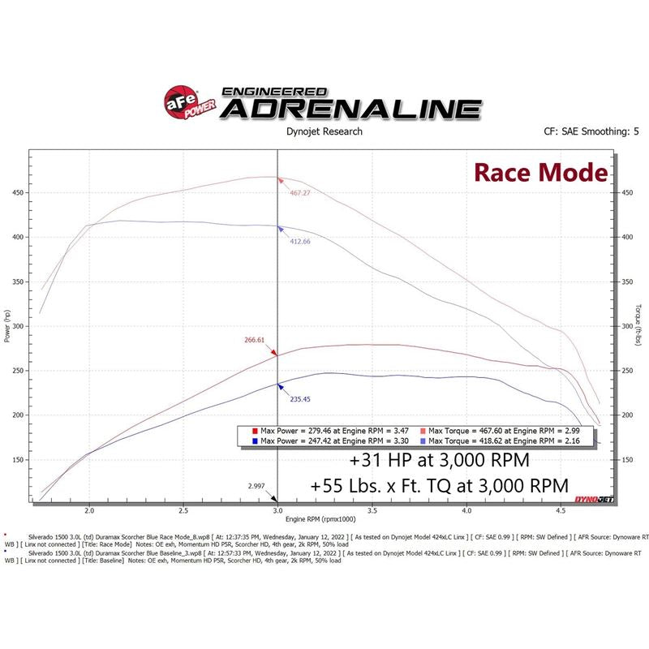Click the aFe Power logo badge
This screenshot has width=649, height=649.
click(x=182, y=103)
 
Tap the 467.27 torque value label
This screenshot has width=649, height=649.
click(x=301, y=194)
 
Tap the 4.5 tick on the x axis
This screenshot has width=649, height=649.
click(x=561, y=511)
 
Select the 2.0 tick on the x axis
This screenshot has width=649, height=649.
click(x=89, y=511)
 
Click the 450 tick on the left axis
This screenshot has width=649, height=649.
click(x=18, y=193)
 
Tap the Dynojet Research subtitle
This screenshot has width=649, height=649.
click(x=324, y=131)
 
